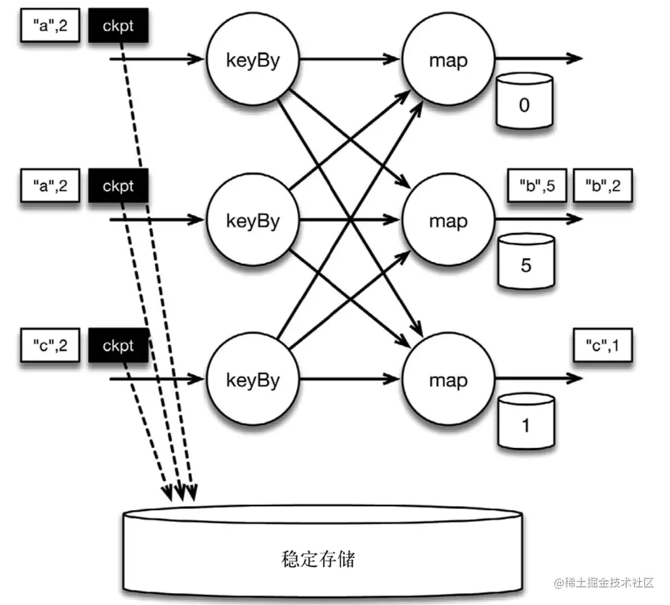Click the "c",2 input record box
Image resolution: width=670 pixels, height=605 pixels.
50,345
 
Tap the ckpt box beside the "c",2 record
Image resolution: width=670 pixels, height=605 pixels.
118,345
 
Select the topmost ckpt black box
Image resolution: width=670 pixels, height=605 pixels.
118,26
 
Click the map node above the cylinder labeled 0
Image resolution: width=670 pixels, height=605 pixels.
448,60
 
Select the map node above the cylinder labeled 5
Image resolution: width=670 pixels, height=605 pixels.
448,220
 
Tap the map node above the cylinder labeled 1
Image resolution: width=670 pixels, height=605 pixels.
448,379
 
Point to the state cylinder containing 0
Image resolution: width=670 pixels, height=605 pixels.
524,102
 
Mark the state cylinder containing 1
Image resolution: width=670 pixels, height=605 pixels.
526,421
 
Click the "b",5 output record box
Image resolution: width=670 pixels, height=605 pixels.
537,186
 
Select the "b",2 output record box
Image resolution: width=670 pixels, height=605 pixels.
603,186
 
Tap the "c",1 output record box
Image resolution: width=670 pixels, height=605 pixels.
603,345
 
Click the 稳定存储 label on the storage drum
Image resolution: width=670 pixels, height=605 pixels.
318,558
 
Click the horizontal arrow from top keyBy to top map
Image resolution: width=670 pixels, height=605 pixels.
350,60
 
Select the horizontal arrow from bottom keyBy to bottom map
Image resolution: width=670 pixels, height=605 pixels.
350,379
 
